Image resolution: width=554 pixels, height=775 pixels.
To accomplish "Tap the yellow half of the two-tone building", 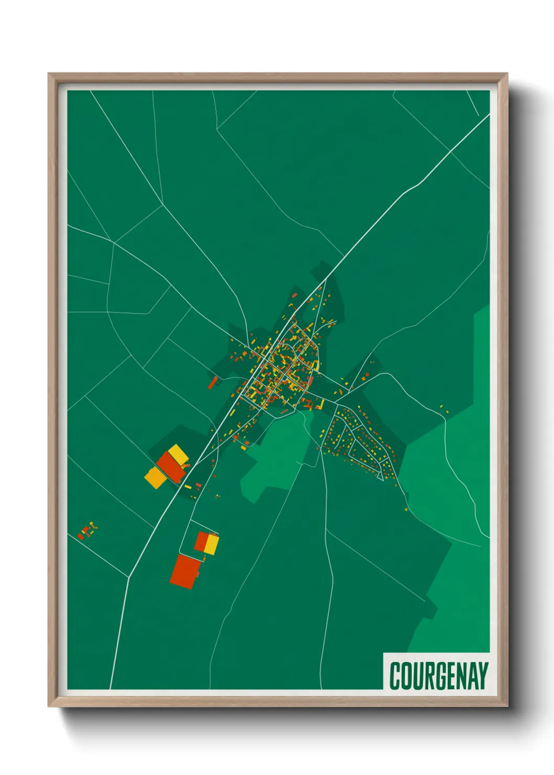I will [211, 544].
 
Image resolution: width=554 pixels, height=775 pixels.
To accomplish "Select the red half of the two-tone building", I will [202, 541].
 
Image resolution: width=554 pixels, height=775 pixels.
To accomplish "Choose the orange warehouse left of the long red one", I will [154, 478].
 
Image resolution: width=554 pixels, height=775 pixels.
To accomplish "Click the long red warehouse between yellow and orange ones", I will [171, 467].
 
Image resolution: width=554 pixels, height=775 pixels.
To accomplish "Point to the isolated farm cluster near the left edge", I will [87, 530].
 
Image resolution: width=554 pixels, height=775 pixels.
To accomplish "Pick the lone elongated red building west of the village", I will [212, 383].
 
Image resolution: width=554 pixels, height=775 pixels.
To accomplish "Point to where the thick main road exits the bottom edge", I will [110, 688].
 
